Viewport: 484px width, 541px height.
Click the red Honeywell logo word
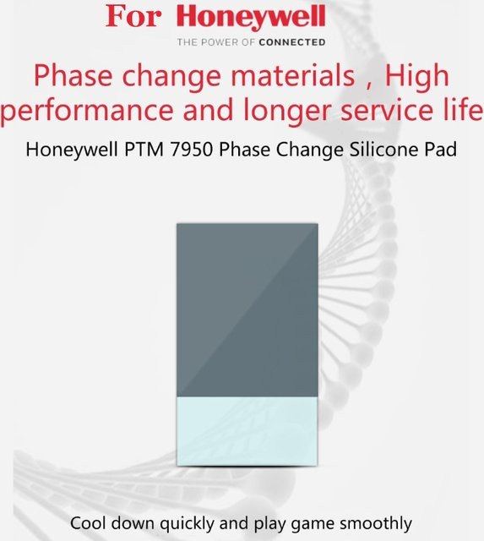(251, 17)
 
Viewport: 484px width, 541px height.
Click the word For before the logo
(133, 16)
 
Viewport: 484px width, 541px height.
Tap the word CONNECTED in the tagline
(292, 42)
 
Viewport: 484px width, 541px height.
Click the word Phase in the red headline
(73, 75)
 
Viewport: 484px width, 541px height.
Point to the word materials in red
(292, 75)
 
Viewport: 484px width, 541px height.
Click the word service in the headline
(387, 109)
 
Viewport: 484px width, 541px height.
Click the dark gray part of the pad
(247, 310)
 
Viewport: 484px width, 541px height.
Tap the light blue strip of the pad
(247, 431)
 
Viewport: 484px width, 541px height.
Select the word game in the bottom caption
(313, 525)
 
